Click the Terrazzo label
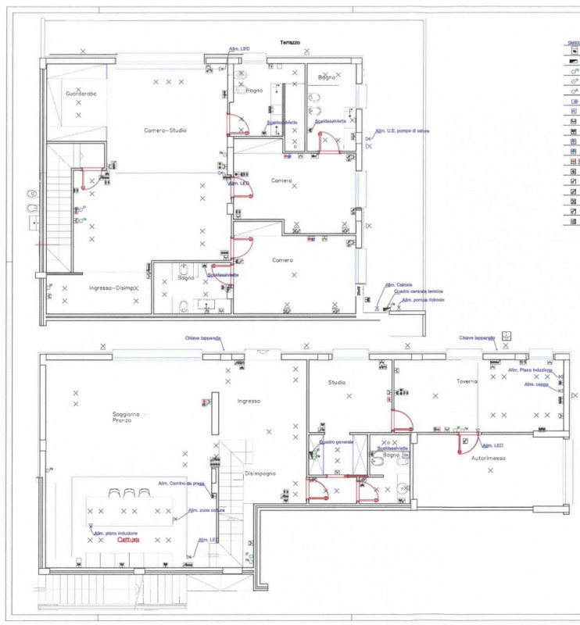coord(290,42)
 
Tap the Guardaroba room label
coord(81,94)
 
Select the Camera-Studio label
coord(165,130)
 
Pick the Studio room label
coord(337,383)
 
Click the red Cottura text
coord(128,540)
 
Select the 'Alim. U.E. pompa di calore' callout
coord(402,131)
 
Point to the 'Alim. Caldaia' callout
coord(399,284)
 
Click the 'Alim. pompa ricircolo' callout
coord(423,300)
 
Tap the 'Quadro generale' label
coord(337,441)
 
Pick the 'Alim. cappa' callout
coord(536,384)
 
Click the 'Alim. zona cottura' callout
coord(202,510)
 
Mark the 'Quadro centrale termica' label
coord(407,291)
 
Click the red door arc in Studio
coord(401,421)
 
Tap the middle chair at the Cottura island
coord(129,493)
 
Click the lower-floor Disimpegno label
coord(260,473)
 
